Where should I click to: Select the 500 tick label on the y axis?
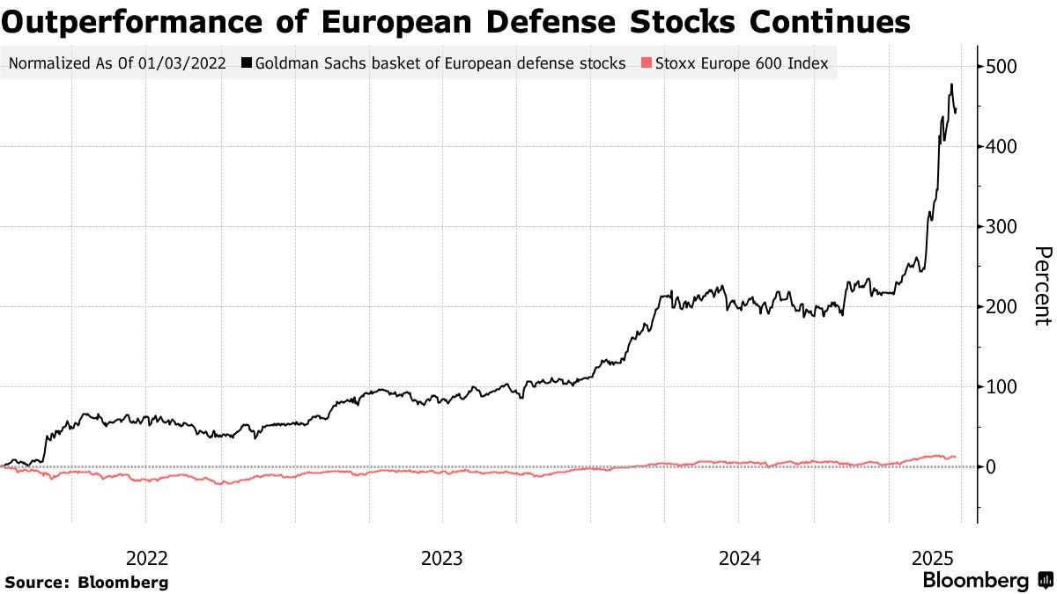[1003, 67]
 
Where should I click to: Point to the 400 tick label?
[1003, 147]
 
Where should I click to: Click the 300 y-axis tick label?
[1003, 227]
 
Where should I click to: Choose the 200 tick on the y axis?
[1003, 307]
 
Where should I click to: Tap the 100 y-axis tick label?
[1003, 387]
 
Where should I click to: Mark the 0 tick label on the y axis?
[991, 467]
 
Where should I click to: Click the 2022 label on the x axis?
[146, 558]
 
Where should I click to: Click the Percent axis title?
[1042, 286]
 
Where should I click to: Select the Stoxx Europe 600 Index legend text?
[741, 63]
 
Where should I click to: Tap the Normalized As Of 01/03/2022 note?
[116, 63]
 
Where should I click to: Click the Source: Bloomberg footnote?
[86, 583]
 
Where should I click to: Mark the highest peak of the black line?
[951, 84]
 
